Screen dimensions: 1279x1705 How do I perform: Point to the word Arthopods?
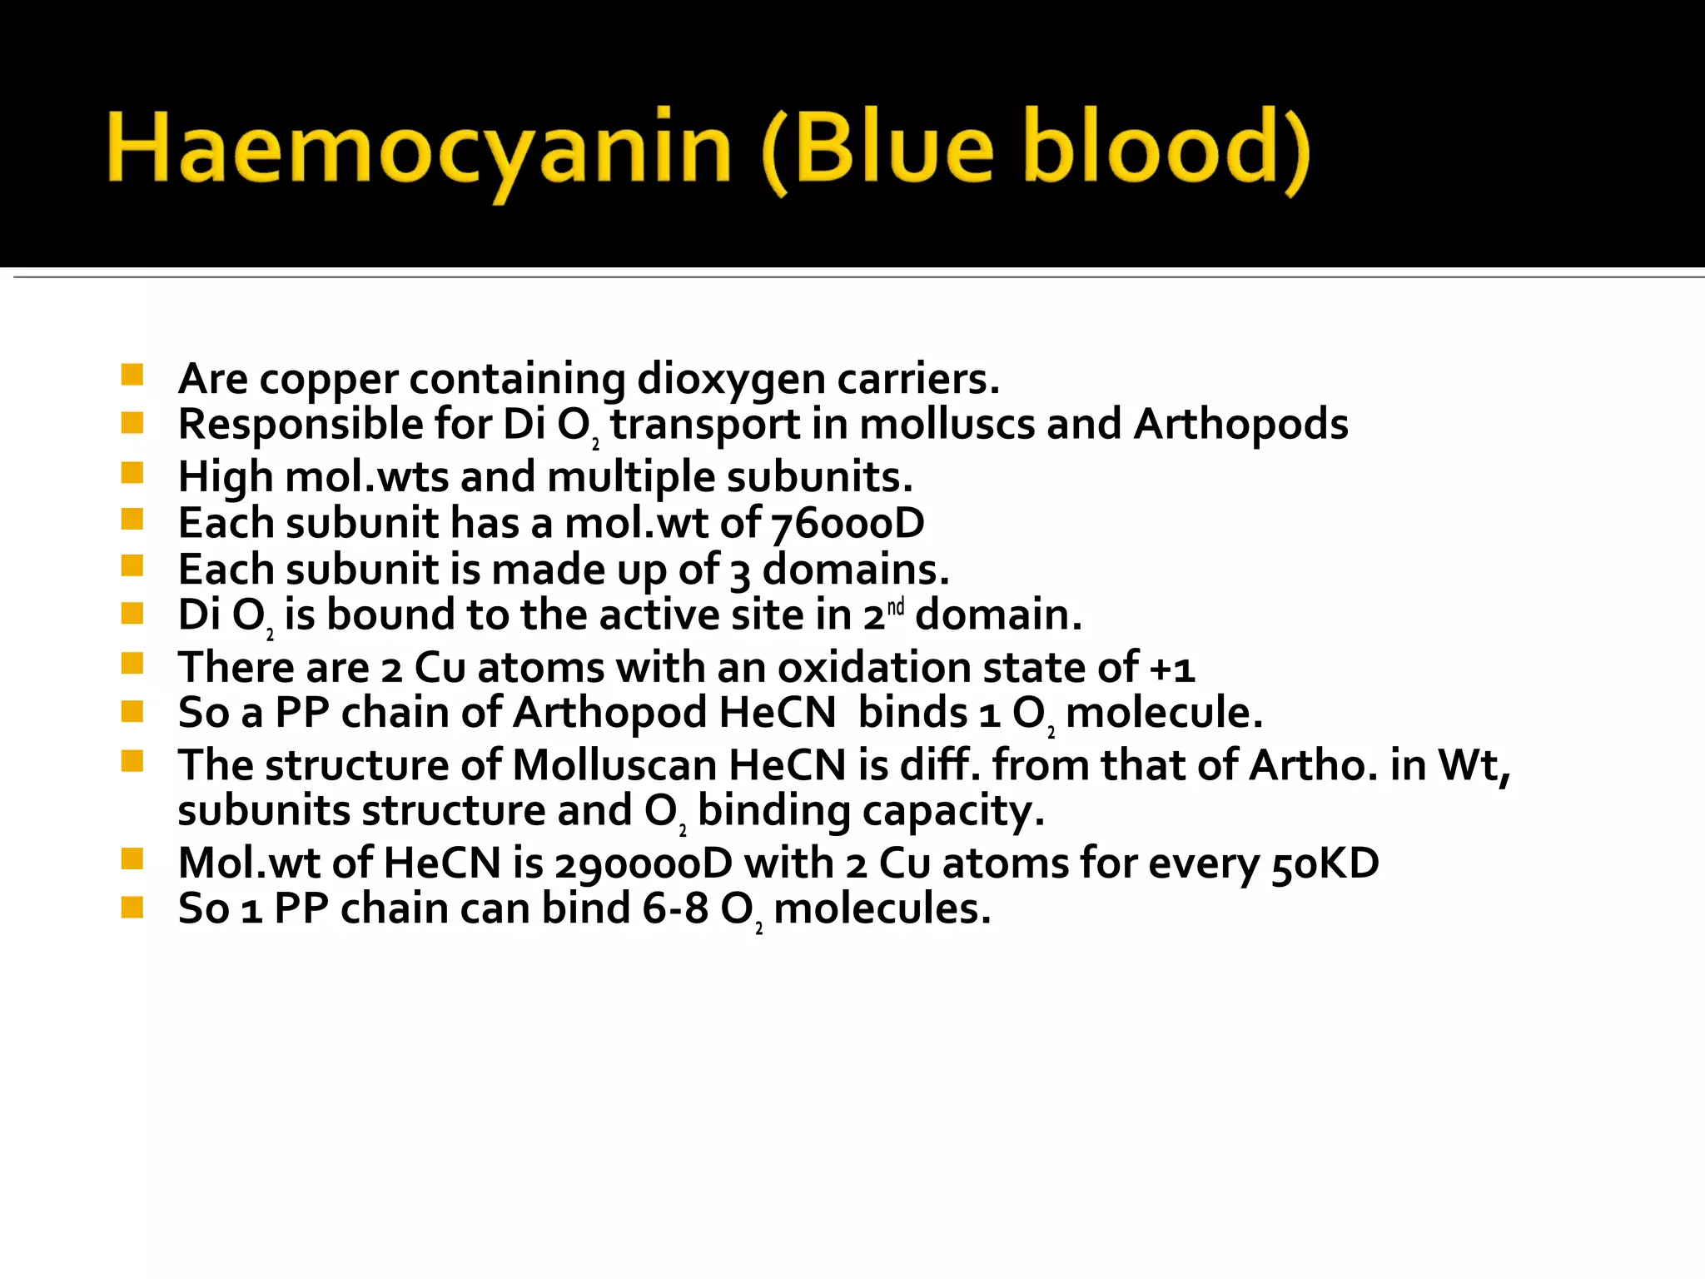pos(1240,425)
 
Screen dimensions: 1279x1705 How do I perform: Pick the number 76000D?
pos(848,524)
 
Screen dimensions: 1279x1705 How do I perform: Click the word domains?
pos(855,570)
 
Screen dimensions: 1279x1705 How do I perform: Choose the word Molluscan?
pos(614,765)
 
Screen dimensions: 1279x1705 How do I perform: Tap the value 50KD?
pos(1325,863)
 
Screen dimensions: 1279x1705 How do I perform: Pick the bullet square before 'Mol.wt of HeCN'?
pos(132,858)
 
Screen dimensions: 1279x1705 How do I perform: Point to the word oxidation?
pos(873,668)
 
